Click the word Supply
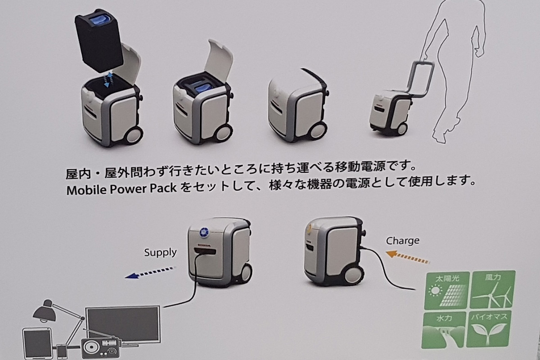[x=160, y=252]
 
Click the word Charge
[x=403, y=241]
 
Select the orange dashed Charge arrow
[x=408, y=257]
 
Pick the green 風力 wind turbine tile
[x=492, y=289]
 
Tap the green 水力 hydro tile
[x=444, y=330]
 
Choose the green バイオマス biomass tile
[x=489, y=329]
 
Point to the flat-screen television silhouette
[x=123, y=324]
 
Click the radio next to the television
[x=100, y=347]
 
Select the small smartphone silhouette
[x=62, y=352]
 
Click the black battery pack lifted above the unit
[x=99, y=40]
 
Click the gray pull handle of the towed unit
[x=419, y=80]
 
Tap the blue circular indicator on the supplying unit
[x=204, y=232]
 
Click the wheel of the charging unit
[x=353, y=275]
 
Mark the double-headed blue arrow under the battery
[x=108, y=80]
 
